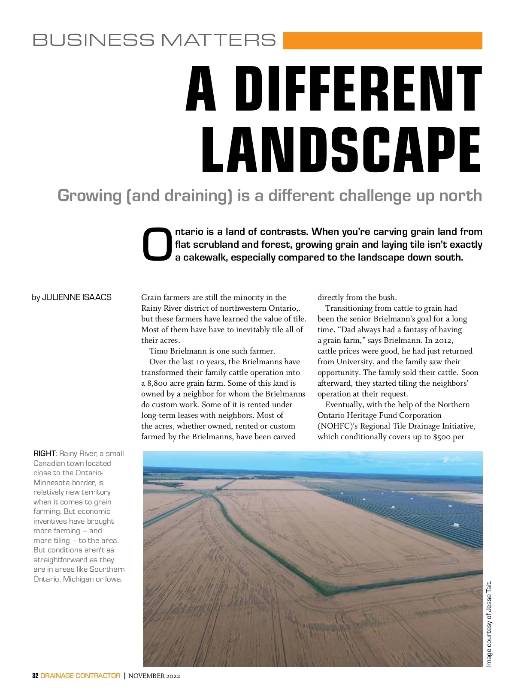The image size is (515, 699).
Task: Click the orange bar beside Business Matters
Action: click(x=382, y=41)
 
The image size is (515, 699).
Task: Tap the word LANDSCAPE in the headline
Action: click(x=342, y=150)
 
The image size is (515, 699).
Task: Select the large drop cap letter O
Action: click(x=157, y=244)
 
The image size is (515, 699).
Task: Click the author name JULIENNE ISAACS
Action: click(x=77, y=297)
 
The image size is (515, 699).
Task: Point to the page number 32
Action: click(x=35, y=676)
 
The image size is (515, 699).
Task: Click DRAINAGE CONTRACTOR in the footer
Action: click(x=80, y=676)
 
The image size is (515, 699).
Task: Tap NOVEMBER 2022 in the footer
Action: click(x=154, y=676)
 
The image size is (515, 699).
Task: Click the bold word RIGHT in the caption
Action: click(x=45, y=453)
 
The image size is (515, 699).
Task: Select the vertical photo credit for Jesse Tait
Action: click(x=489, y=624)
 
